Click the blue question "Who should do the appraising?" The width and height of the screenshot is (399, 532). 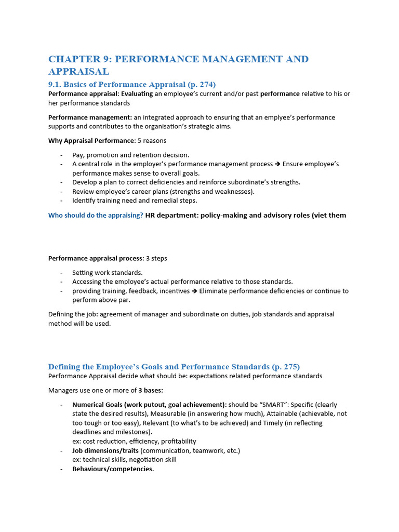tap(96, 215)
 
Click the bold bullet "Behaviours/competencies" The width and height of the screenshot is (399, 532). tap(112, 469)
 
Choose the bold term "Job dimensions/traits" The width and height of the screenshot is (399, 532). tap(105, 450)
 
